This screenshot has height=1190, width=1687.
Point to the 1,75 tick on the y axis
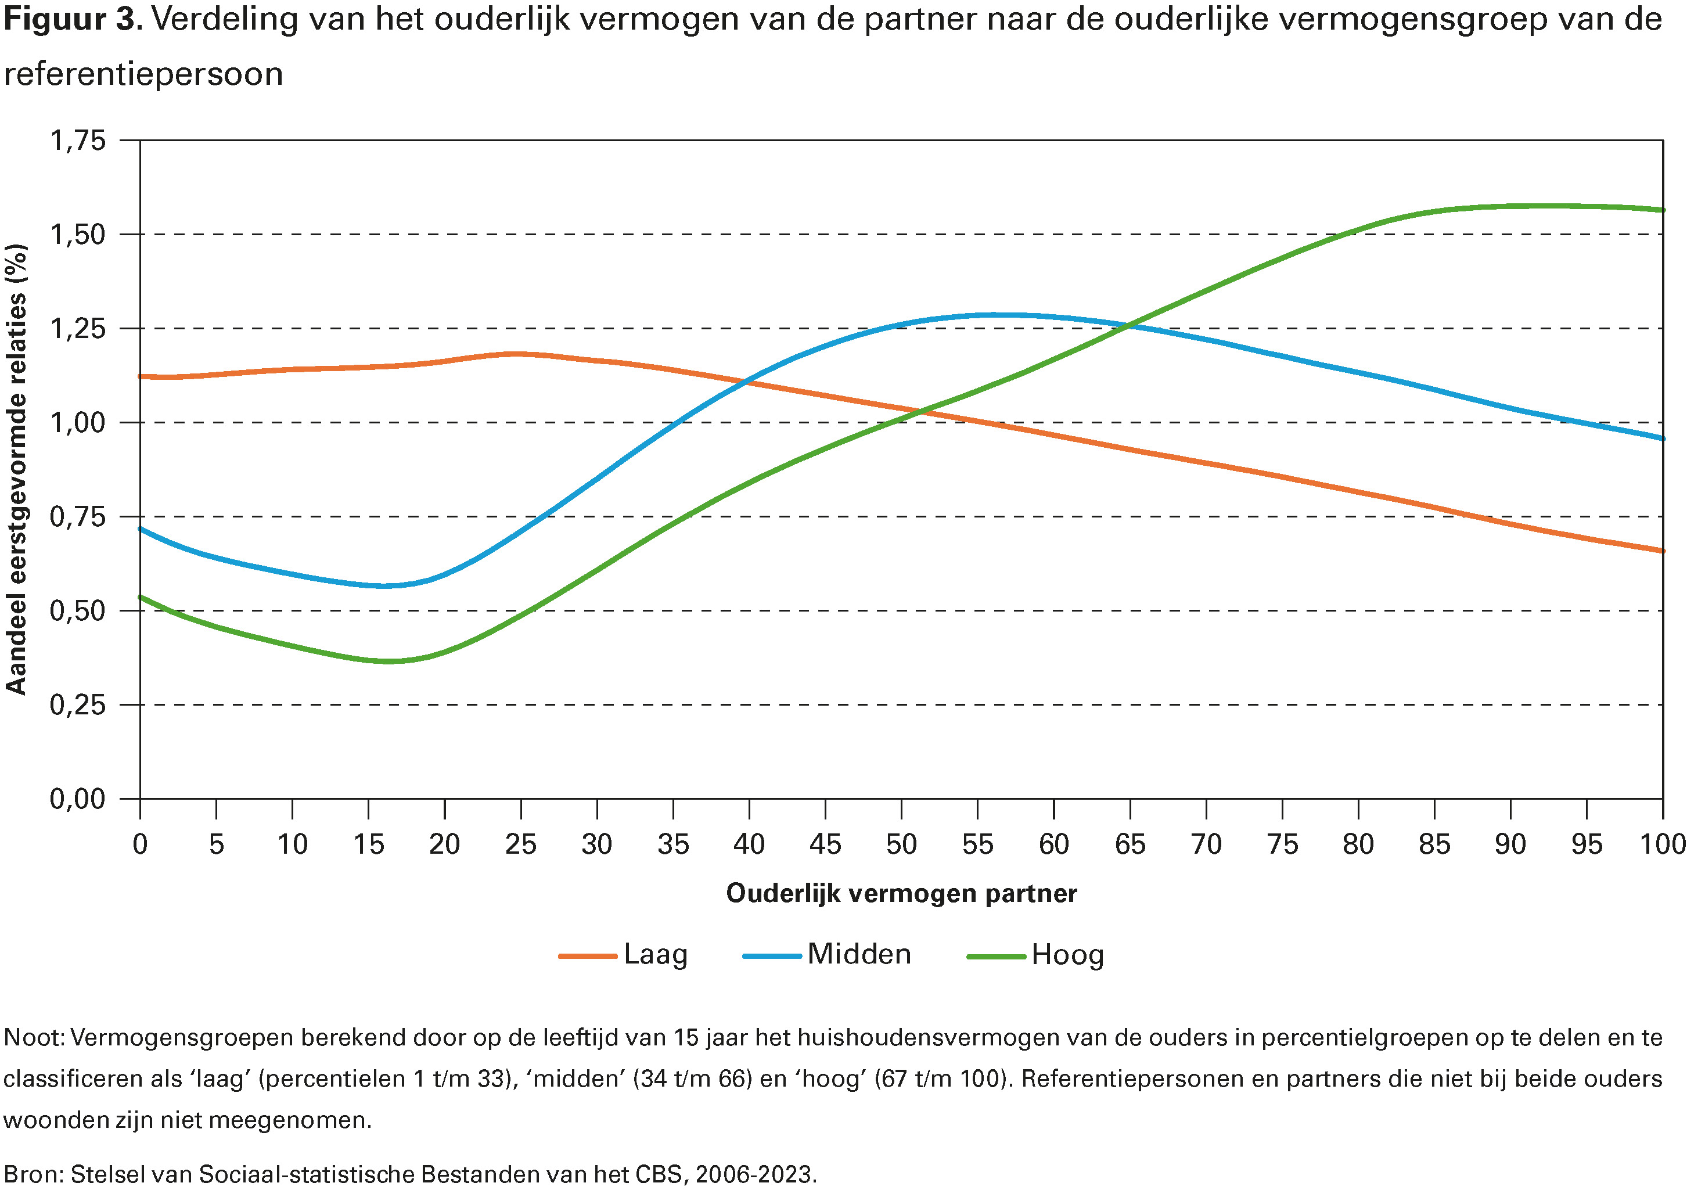(78, 141)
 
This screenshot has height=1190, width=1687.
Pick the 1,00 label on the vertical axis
(78, 423)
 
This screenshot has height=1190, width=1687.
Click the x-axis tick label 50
(901, 844)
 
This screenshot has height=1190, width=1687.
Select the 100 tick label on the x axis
(1662, 844)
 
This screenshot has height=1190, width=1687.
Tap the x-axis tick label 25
(520, 844)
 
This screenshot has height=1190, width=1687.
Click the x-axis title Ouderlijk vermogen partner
(901, 893)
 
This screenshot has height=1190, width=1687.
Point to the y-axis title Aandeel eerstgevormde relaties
(16, 469)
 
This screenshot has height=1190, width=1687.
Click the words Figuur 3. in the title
(72, 20)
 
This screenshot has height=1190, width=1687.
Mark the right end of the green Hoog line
(1662, 210)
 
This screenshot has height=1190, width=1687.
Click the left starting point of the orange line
(141, 376)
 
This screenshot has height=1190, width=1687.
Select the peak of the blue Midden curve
(994, 315)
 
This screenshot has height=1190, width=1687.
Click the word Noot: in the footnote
(34, 1038)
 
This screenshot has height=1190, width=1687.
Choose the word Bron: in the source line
(34, 1174)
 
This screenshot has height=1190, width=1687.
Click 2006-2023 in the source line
(756, 1174)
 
